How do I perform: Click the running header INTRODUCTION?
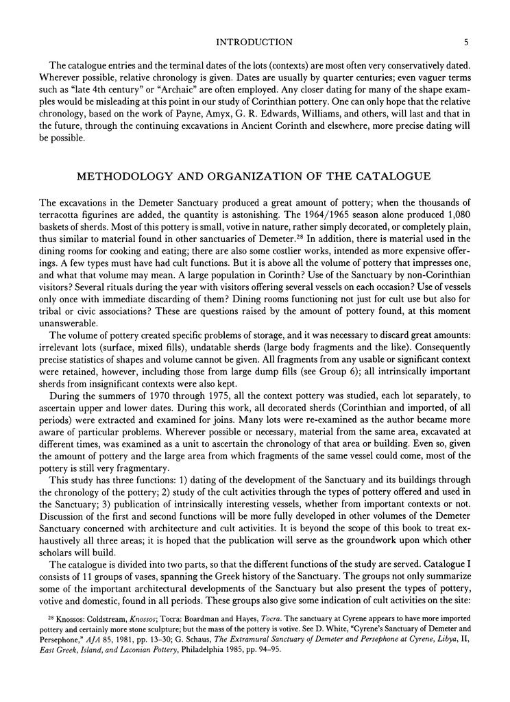255,42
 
